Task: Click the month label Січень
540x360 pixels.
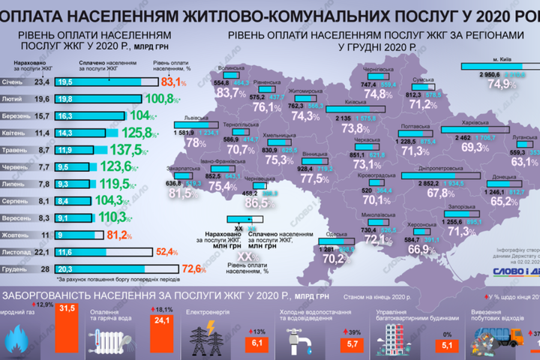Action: tap(22, 82)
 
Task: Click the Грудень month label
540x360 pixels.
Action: tap(22, 268)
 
